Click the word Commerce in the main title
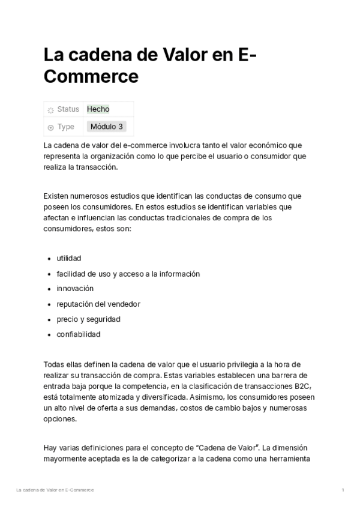click(91, 76)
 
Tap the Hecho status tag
click(98, 109)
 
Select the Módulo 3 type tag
click(107, 127)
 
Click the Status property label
click(68, 109)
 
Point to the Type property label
click(66, 127)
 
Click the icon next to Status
click(50, 110)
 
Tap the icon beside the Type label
click(50, 127)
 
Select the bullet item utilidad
click(69, 258)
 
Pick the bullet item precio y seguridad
click(88, 319)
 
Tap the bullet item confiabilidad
click(79, 334)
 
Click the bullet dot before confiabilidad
click(49, 334)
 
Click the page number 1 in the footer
click(343, 490)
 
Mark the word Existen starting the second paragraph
click(57, 196)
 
